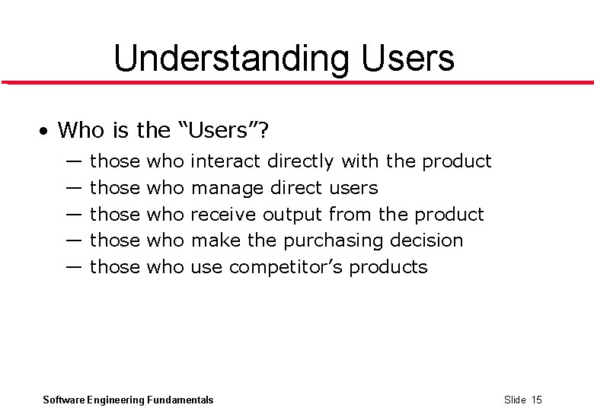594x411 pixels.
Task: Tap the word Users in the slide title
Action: pos(408,58)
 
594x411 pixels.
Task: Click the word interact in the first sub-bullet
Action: pos(225,161)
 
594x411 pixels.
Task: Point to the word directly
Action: pos(300,162)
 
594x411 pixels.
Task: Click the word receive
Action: pos(223,215)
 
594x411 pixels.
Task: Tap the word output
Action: pos(293,215)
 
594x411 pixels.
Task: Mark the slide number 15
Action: pos(537,400)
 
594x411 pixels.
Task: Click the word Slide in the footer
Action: pos(515,400)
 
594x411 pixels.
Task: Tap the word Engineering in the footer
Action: pos(116,400)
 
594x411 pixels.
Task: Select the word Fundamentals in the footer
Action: pos(180,400)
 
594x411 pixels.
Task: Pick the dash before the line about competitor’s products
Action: pos(74,267)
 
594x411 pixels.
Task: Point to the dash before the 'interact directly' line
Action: pos(74,161)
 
